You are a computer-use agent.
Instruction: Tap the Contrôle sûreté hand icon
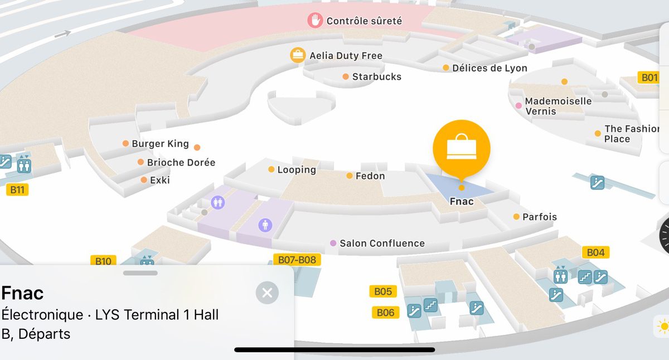point(316,21)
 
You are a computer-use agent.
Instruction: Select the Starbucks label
point(376,77)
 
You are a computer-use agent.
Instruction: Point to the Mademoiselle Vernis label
point(557,106)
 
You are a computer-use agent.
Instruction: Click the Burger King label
point(160,144)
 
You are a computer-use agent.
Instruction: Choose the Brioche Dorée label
point(181,163)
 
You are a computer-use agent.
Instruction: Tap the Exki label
point(159,180)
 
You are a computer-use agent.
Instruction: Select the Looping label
point(296,169)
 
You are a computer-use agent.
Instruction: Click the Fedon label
point(370,176)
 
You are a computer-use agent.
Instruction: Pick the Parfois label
point(539,217)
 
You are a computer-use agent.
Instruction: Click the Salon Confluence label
point(382,244)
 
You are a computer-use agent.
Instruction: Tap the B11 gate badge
point(17,189)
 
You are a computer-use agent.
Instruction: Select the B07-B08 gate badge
point(297,260)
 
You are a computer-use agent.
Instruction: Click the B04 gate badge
point(595,252)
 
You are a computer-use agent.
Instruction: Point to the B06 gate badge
point(385,313)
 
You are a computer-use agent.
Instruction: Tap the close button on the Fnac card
point(267,293)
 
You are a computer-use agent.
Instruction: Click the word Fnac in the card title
point(23,293)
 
